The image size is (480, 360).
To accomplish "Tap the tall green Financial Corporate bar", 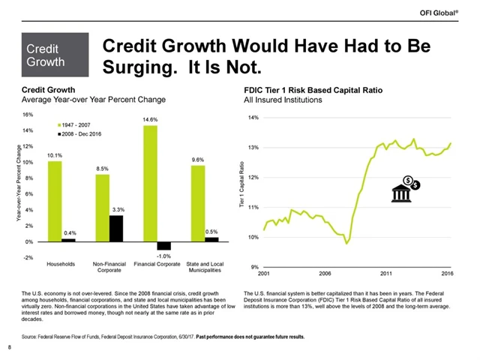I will tap(150, 183).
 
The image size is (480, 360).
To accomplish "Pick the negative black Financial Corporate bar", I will tap(164, 245).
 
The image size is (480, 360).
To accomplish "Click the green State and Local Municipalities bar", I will tap(197, 203).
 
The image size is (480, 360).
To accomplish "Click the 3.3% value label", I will tap(117, 209).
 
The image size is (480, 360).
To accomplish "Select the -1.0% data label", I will tap(164, 256).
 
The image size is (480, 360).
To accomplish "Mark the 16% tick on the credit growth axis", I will tap(28, 115).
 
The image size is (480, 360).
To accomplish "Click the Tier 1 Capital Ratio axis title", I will tap(241, 193).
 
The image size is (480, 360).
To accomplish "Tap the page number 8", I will tap(9, 346).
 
